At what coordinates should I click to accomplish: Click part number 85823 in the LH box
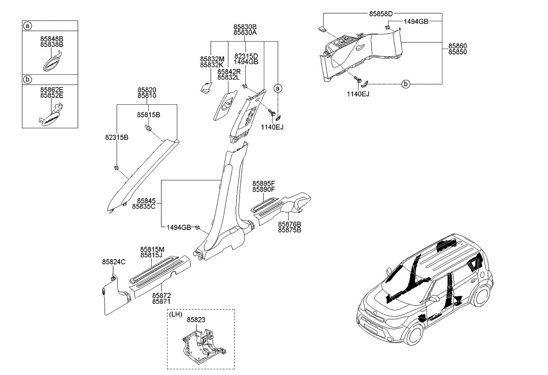pyautogui.click(x=196, y=319)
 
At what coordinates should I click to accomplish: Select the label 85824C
pyautogui.click(x=114, y=262)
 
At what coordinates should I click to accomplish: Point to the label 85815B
pyautogui.click(x=148, y=115)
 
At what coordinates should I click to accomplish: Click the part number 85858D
pyautogui.click(x=381, y=14)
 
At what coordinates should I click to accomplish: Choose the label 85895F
pyautogui.click(x=264, y=184)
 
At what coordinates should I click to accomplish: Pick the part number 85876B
pyautogui.click(x=289, y=224)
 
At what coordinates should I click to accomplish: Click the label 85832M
pyautogui.click(x=212, y=59)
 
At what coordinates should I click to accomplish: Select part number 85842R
pyautogui.click(x=229, y=71)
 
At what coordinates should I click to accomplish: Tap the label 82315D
pyautogui.click(x=246, y=56)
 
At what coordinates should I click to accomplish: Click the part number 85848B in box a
pyautogui.click(x=52, y=39)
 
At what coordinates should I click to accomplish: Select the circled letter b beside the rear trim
pyautogui.click(x=406, y=84)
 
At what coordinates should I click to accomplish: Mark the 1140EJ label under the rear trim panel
pyautogui.click(x=358, y=94)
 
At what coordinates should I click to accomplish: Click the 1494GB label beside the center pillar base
pyautogui.click(x=179, y=227)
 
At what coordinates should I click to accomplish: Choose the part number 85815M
pyautogui.click(x=152, y=249)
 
